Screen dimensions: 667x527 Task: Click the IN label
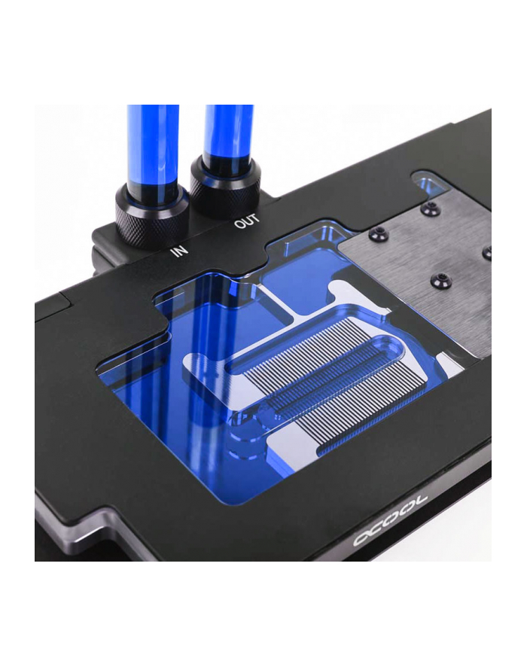[179, 249]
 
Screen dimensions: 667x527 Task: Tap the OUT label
[245, 224]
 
